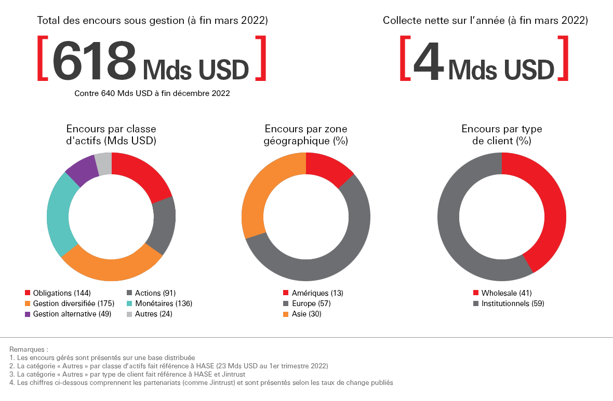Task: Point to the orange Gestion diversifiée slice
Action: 112,268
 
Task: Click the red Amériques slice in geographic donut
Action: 328,167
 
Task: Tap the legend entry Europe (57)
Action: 311,303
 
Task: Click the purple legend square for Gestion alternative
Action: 28,314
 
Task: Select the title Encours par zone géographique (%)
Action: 306,135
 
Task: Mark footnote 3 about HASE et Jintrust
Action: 127,374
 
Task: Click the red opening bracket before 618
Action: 43,58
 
